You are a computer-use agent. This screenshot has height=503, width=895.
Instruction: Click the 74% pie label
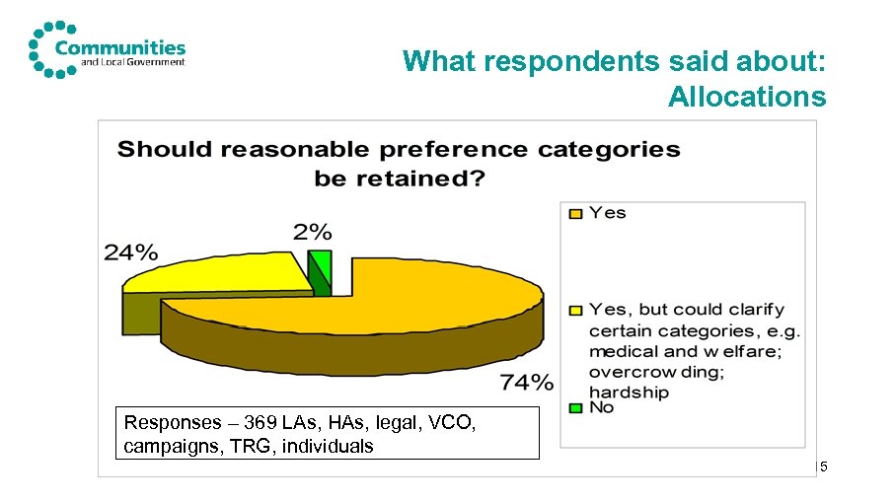526,383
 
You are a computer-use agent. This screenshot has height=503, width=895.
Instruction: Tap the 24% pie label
131,252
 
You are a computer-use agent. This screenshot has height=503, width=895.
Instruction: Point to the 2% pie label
312,232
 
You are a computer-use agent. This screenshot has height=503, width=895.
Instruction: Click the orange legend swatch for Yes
572,213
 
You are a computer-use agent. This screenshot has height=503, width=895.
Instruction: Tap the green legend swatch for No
572,407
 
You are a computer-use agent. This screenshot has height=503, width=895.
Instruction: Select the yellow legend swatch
572,310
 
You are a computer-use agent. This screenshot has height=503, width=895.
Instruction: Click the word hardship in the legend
629,392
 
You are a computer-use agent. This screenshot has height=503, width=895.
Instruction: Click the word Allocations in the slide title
746,97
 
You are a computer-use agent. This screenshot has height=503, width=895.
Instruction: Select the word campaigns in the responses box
166,447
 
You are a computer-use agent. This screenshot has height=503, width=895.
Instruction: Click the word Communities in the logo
120,46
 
